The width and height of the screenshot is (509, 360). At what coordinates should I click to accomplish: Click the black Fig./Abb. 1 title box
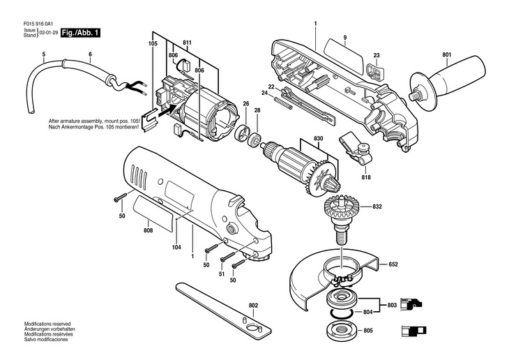80,33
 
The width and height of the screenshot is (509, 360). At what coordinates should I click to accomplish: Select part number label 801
447,55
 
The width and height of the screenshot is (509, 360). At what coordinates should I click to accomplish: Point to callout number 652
393,264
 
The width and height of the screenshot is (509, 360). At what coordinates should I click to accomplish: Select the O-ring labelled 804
342,313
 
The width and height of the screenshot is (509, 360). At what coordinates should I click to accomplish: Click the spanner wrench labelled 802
223,310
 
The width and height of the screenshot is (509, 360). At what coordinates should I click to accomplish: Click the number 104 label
176,247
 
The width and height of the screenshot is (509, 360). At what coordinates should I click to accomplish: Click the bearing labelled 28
254,139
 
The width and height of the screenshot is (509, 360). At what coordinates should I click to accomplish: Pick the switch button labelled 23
374,71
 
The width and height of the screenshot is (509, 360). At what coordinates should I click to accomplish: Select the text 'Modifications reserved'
47,324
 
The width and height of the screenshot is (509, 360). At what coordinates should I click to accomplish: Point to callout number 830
319,138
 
